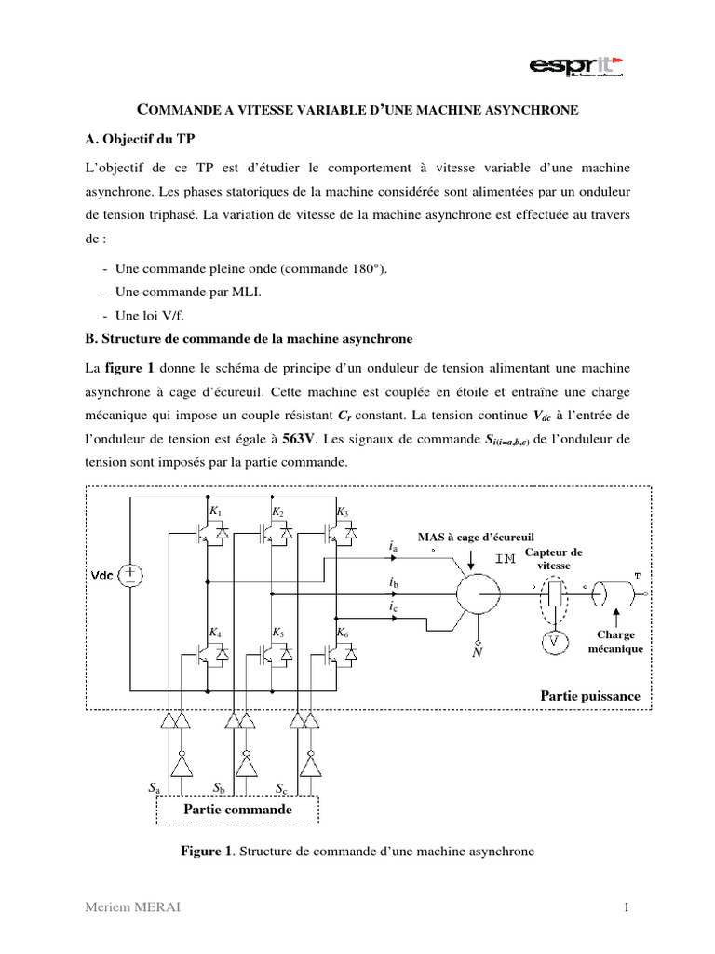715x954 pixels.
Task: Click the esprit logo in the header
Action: coord(576,66)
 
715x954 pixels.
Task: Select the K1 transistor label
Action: coord(215,512)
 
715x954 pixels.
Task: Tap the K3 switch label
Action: coord(342,512)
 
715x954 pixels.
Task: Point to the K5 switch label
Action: coord(278,633)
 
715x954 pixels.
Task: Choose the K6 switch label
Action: coord(342,633)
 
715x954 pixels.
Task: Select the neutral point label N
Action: coord(478,654)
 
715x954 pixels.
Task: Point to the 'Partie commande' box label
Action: coord(237,810)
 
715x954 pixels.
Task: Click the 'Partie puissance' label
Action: coord(589,696)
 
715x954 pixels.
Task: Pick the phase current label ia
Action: coord(393,549)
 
